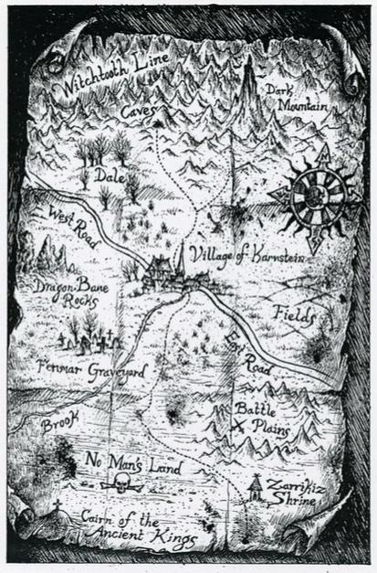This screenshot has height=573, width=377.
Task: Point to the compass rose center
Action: tap(315, 195)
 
